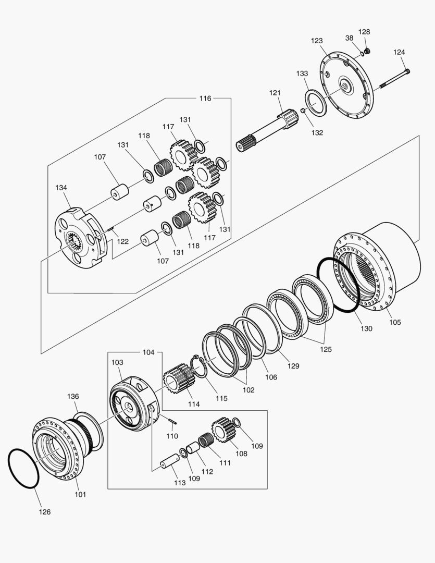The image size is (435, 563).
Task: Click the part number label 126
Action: point(45,512)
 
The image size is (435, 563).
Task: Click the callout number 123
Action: point(317,41)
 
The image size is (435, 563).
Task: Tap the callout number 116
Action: point(205,98)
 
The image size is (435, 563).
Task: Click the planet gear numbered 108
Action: point(222,430)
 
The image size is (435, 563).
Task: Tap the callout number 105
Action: point(394,322)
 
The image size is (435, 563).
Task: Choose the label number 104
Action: point(148,352)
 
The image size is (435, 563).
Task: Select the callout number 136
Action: point(72,397)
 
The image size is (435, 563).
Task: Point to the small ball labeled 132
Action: point(303,111)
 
